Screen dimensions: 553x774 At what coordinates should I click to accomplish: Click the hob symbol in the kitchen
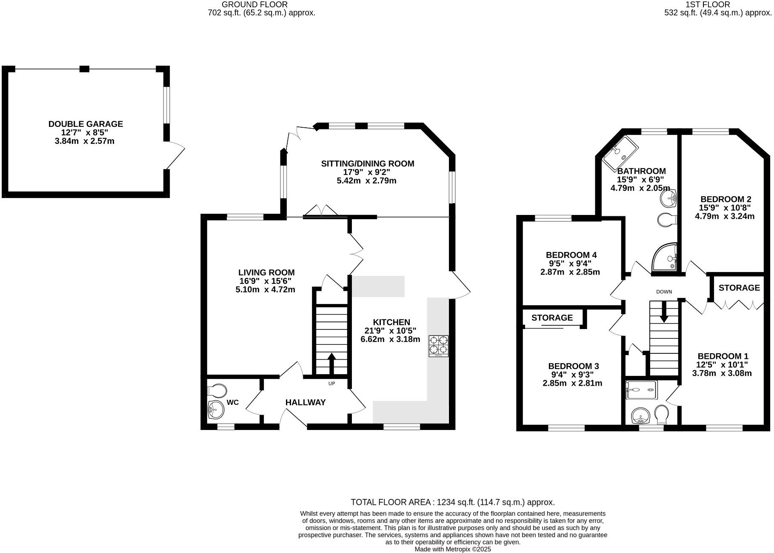438,346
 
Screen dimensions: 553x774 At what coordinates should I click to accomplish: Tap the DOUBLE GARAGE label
86,124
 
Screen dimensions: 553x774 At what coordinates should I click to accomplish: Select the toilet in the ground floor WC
217,390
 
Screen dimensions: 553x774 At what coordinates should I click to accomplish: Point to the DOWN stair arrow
664,313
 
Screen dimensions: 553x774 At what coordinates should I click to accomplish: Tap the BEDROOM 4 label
571,255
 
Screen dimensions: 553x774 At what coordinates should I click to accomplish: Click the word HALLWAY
306,402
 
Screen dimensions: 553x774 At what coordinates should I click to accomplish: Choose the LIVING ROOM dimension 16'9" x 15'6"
266,281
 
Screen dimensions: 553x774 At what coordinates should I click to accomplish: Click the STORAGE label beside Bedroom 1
739,288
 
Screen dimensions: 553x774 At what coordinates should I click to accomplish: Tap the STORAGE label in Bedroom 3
552,318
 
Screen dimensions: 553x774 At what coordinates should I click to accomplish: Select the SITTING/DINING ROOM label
367,163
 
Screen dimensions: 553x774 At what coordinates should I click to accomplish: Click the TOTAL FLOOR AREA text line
452,502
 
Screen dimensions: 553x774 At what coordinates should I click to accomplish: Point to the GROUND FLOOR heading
254,5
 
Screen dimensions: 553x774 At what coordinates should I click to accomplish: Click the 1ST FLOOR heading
714,5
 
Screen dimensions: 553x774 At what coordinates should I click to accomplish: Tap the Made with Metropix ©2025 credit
453,549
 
